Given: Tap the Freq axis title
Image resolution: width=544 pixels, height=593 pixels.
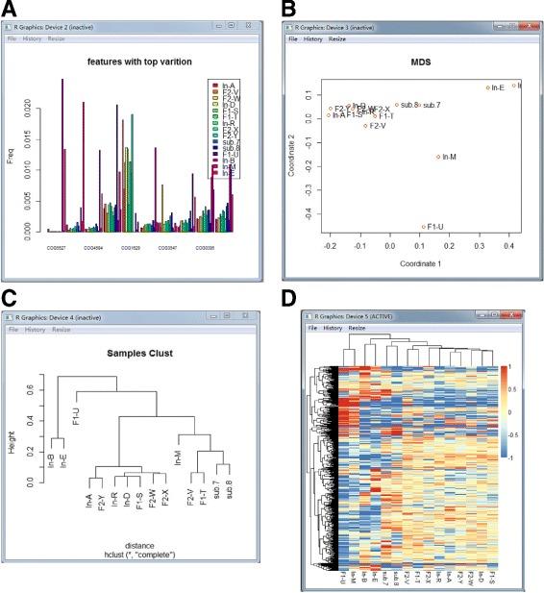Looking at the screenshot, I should [x=13, y=152].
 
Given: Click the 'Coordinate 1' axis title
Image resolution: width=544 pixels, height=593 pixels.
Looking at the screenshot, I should [x=407, y=262].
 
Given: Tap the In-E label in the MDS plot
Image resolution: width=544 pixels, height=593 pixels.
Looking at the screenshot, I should [x=497, y=88].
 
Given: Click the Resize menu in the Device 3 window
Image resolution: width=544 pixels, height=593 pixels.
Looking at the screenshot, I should [x=337, y=39].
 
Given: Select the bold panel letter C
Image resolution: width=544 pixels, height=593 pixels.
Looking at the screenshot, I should [x=9, y=299].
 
